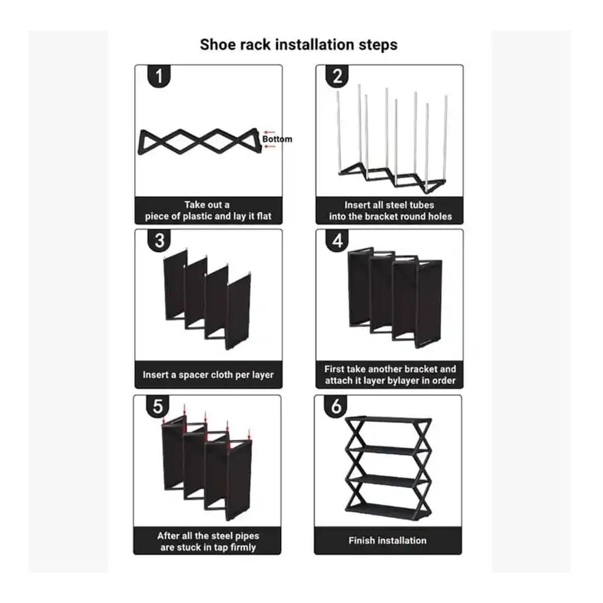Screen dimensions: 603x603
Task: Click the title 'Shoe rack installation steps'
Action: click(298, 44)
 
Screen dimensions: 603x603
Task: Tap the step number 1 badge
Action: click(159, 76)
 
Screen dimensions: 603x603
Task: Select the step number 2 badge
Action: click(337, 76)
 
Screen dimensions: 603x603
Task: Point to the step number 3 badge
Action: click(159, 240)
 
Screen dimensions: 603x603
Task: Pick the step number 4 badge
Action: click(337, 240)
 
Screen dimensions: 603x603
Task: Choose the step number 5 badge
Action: click(158, 406)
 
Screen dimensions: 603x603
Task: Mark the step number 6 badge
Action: click(336, 406)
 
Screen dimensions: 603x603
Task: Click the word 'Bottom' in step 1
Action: click(277, 139)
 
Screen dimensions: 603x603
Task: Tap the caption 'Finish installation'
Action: click(387, 541)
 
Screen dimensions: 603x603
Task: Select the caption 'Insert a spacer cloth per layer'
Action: click(208, 375)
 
